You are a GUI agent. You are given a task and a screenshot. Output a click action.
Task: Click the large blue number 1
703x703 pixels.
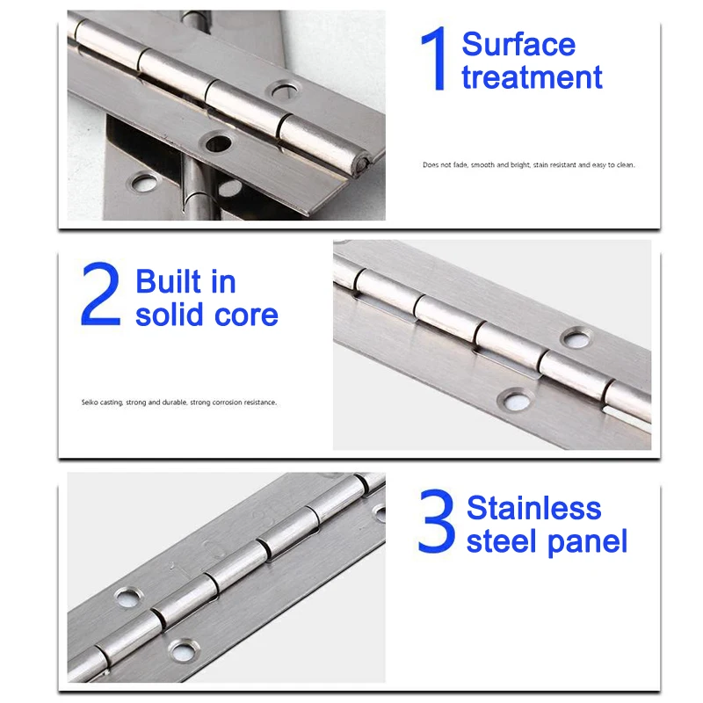(x=434, y=58)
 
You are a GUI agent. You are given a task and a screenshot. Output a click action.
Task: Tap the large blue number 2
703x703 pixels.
(x=101, y=294)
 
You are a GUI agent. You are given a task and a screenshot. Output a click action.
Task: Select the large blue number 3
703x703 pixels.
(x=436, y=521)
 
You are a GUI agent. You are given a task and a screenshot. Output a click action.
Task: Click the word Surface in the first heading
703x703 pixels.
(x=518, y=45)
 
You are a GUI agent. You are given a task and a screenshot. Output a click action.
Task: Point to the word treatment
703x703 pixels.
(x=532, y=77)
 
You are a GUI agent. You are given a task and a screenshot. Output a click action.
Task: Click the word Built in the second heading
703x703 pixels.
(x=168, y=281)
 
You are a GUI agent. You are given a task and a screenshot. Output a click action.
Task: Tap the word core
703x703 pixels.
(x=246, y=315)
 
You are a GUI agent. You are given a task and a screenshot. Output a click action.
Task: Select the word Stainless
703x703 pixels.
(x=533, y=508)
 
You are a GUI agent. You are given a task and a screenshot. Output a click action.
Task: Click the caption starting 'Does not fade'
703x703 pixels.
(x=529, y=165)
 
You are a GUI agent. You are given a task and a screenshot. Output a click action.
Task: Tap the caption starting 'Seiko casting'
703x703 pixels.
(x=179, y=402)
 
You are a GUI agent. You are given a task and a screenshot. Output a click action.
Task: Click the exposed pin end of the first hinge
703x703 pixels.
(x=362, y=163)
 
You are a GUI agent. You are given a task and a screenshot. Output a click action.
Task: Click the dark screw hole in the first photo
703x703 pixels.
(x=218, y=143)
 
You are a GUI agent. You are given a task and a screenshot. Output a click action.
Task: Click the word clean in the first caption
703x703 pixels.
(x=626, y=165)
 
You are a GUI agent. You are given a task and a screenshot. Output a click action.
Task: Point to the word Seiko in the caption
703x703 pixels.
(x=90, y=402)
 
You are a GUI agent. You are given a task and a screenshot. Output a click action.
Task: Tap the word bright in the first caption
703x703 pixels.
(x=520, y=165)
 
